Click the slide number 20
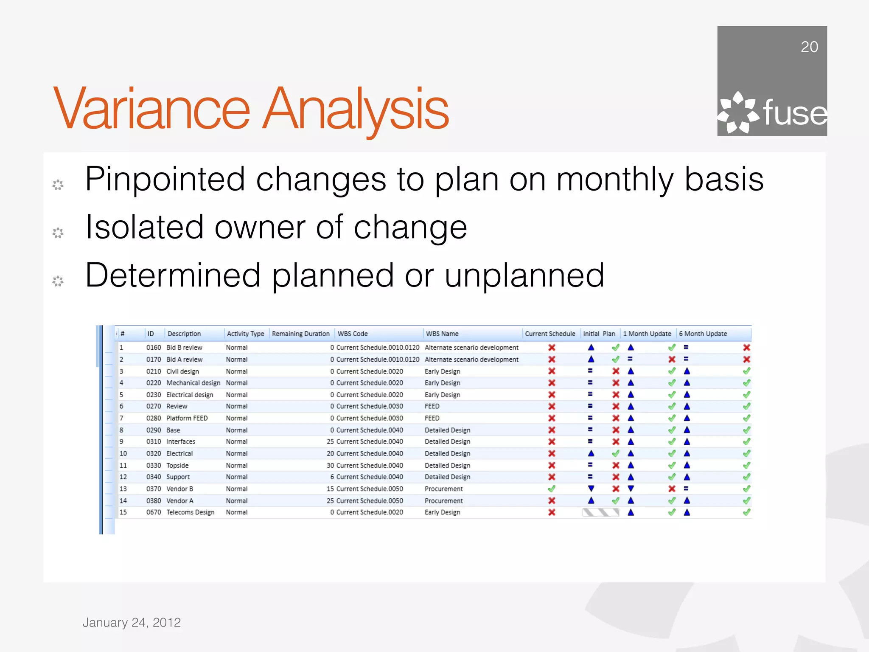click(x=809, y=47)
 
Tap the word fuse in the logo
click(x=794, y=113)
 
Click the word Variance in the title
click(x=151, y=109)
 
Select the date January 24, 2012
click(x=132, y=622)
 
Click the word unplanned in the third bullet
click(x=524, y=275)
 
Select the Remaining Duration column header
click(x=300, y=334)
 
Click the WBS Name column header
click(x=442, y=334)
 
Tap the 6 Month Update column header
click(x=703, y=334)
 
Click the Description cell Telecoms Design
click(x=190, y=512)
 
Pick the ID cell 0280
click(x=154, y=418)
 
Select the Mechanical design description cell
click(x=193, y=383)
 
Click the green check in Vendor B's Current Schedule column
click(x=552, y=489)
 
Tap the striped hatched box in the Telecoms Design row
click(x=600, y=512)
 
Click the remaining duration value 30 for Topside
click(x=330, y=465)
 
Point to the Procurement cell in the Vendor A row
click(x=443, y=501)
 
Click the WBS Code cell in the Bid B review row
click(x=378, y=348)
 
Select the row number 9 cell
click(x=121, y=441)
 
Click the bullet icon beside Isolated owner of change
click(x=58, y=233)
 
